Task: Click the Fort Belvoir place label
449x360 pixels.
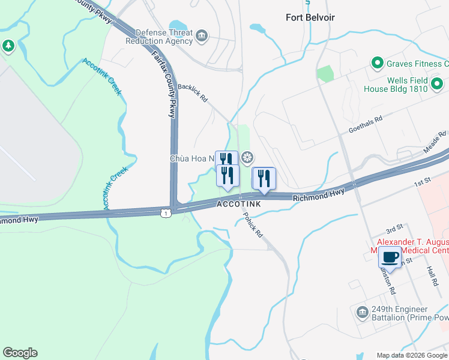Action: click(310, 17)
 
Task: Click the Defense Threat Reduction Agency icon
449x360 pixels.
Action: click(202, 35)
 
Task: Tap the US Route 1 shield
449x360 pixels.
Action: click(166, 213)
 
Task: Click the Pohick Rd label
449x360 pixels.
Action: click(253, 223)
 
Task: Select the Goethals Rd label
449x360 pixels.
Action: click(366, 124)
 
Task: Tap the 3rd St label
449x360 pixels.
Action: click(394, 230)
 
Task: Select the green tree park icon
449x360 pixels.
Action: click(8, 46)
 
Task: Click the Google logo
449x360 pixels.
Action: click(20, 353)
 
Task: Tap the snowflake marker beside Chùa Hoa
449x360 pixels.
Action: click(247, 158)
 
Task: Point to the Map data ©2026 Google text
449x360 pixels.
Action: click(411, 355)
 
